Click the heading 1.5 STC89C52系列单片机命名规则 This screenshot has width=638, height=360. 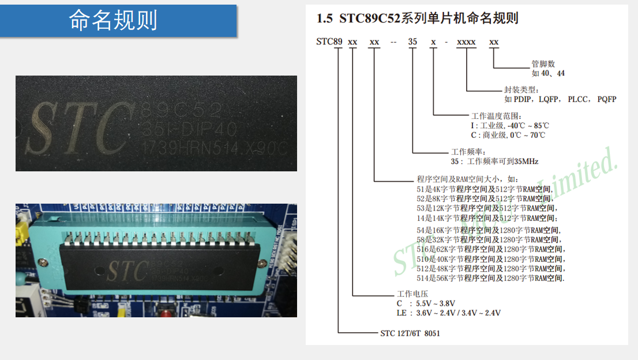[x=417, y=18]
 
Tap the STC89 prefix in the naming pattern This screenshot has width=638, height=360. [x=329, y=42]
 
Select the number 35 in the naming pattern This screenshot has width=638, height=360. [x=412, y=42]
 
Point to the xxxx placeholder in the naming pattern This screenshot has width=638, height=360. [x=466, y=42]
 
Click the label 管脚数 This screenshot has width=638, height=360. [x=543, y=64]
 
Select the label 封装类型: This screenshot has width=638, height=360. [x=521, y=89]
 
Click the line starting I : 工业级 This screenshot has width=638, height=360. [x=510, y=125]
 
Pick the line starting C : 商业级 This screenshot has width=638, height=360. [x=508, y=135]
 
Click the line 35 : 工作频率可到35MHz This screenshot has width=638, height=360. [x=494, y=161]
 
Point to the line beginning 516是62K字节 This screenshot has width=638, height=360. [x=490, y=249]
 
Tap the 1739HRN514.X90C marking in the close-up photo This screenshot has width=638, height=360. [x=213, y=148]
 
